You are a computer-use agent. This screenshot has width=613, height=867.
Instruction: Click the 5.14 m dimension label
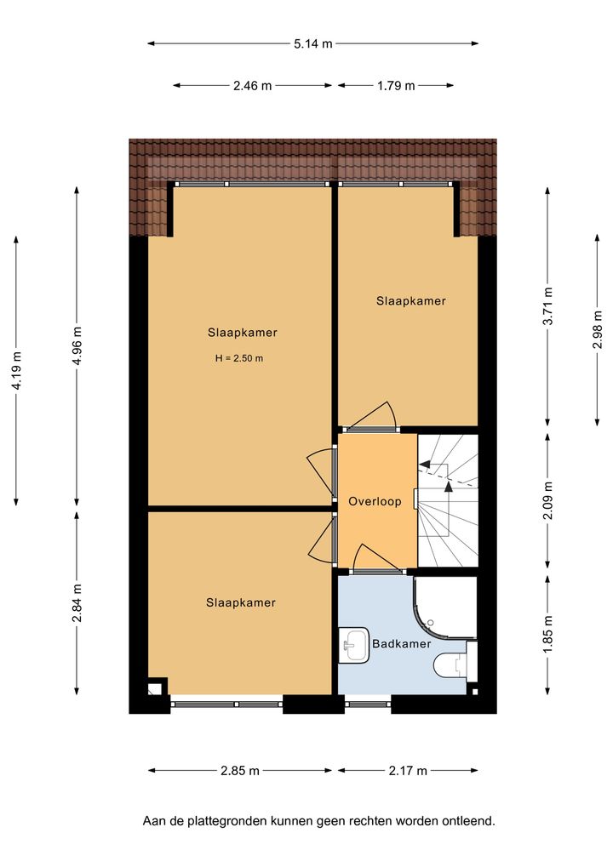313,43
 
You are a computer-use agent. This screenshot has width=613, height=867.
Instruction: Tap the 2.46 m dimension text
252,86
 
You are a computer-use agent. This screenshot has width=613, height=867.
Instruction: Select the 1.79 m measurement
396,86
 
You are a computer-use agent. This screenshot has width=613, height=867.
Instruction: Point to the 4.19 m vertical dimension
16,370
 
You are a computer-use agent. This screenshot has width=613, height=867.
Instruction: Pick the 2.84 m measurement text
77,602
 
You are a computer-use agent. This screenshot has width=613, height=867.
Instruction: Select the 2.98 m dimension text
598,329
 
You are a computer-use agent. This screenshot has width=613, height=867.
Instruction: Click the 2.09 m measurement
547,500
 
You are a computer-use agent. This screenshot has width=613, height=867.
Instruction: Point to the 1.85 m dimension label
547,634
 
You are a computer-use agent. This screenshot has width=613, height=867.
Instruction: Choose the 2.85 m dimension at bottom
240,771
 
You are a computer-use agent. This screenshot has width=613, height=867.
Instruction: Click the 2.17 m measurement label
408,771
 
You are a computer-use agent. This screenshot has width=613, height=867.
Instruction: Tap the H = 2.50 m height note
239,358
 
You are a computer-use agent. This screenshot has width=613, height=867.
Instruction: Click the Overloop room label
375,501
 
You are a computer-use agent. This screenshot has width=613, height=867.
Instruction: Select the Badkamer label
402,643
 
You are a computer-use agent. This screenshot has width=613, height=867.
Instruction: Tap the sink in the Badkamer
353,644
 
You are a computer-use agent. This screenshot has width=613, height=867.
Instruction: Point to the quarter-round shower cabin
445,607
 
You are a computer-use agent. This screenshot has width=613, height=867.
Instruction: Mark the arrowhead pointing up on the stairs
448,487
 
